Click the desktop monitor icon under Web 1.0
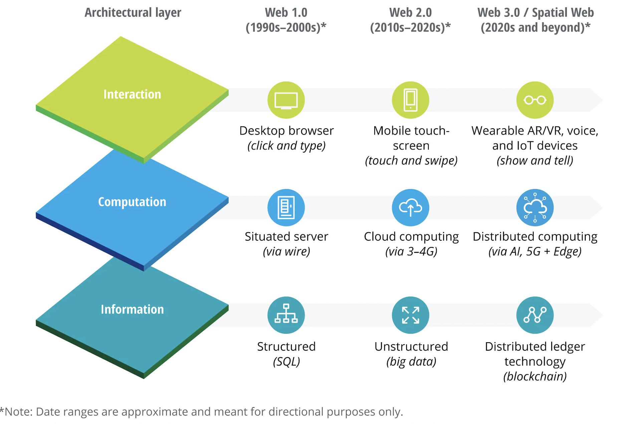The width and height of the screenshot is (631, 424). pyautogui.click(x=286, y=100)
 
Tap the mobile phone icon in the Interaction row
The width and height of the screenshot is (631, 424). pyautogui.click(x=410, y=100)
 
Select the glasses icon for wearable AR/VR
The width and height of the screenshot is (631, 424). pyautogui.click(x=535, y=100)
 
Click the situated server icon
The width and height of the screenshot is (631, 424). pyautogui.click(x=286, y=208)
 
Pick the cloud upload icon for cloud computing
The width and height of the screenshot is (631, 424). pyautogui.click(x=410, y=208)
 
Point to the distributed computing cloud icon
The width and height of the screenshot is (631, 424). pyautogui.click(x=535, y=208)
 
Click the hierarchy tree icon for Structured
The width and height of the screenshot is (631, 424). pyautogui.click(x=286, y=315)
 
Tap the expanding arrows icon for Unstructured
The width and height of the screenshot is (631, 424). pyautogui.click(x=410, y=315)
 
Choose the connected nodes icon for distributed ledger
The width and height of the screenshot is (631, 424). pyautogui.click(x=535, y=315)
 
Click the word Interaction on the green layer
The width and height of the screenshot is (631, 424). pyautogui.click(x=132, y=94)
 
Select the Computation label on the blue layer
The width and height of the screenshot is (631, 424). pyautogui.click(x=132, y=202)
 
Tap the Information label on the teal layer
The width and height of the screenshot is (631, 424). pyautogui.click(x=132, y=309)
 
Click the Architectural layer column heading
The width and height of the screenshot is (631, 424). pyautogui.click(x=133, y=13)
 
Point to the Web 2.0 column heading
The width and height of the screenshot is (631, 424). pyautogui.click(x=410, y=13)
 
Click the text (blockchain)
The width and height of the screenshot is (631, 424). pyautogui.click(x=535, y=376)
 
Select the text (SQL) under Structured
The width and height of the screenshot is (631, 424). pyautogui.click(x=286, y=362)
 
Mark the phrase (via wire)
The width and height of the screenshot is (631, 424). pyautogui.click(x=286, y=251)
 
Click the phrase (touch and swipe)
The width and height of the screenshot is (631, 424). pyautogui.click(x=411, y=161)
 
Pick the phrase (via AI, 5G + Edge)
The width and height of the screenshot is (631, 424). pyautogui.click(x=535, y=251)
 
